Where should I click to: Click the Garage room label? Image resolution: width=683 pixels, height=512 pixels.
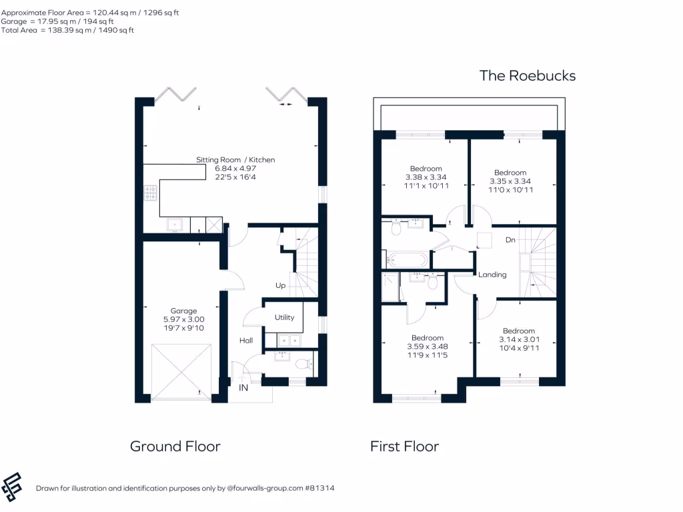(183, 311)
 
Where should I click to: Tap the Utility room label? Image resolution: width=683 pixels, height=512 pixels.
(284, 317)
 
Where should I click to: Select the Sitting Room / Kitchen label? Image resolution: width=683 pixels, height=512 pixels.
(235, 160)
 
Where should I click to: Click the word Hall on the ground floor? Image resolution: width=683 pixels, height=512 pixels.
(246, 341)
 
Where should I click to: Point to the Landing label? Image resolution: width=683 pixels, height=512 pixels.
(492, 275)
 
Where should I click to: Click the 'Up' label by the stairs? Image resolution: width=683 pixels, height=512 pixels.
(281, 285)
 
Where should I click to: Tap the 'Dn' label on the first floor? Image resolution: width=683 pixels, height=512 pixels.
(510, 239)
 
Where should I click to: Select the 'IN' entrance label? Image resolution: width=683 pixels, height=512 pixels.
(244, 387)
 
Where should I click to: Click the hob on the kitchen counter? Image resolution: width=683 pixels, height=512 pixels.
(151, 193)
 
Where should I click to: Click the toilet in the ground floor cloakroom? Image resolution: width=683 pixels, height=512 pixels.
(303, 364)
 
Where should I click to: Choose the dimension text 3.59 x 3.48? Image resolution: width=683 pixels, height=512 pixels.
(427, 347)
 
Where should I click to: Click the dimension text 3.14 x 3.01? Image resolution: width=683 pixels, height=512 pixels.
(519, 339)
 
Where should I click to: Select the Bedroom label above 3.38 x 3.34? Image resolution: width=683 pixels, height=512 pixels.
(426, 169)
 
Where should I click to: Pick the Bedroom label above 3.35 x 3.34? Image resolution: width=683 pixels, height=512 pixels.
(510, 173)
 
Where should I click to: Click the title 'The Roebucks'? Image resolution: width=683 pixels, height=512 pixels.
(527, 75)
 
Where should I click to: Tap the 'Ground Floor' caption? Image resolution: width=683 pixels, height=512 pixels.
(175, 446)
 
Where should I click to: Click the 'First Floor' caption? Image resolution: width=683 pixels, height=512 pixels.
(404, 446)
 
